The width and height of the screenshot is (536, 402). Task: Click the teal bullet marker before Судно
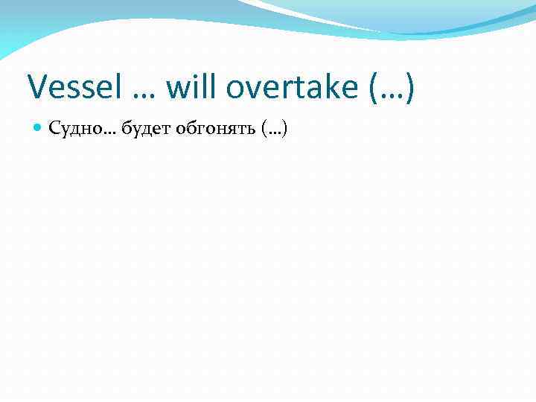39,129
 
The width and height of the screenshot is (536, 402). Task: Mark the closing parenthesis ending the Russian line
284,130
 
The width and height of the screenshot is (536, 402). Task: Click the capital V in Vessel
37,89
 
